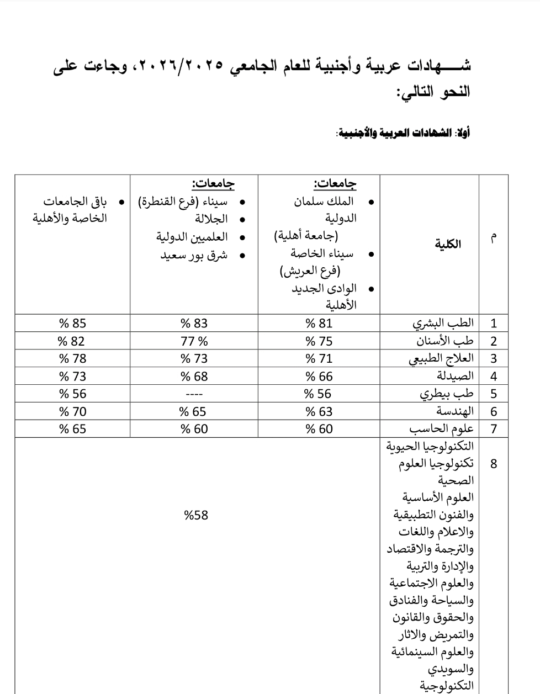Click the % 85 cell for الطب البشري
73,324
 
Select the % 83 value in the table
194,324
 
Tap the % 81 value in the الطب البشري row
319,324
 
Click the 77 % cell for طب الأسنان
194,341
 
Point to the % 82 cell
73,341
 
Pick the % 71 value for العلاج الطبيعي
319,359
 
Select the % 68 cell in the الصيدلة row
194,377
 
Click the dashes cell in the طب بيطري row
194,394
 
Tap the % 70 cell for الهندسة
73,411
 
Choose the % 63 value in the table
319,411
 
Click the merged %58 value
197,515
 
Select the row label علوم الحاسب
442,429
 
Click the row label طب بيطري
447,394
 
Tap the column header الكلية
448,244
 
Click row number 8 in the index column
494,463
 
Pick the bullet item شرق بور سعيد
194,255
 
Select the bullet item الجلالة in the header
211,219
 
